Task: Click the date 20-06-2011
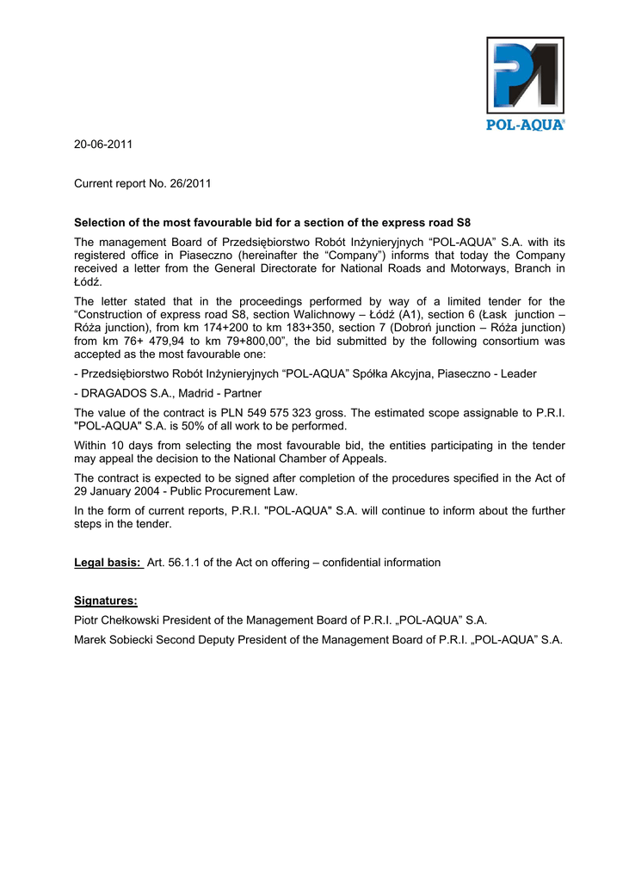[x=103, y=144]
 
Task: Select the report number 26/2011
[x=191, y=183]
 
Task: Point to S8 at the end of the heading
[x=462, y=222]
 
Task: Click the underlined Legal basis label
[x=108, y=563]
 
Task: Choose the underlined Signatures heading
[x=106, y=601]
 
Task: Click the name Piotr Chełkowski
[x=121, y=620]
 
